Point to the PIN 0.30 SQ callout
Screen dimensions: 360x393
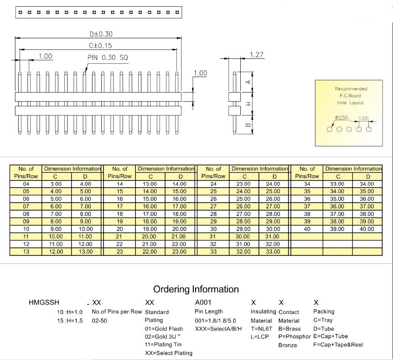point(108,57)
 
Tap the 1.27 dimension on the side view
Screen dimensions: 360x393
point(257,55)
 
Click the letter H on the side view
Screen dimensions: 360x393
point(248,103)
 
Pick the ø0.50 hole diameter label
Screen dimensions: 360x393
point(341,118)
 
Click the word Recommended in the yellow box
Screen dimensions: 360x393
point(351,89)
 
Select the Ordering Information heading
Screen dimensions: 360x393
point(196,289)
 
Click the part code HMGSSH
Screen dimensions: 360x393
point(44,302)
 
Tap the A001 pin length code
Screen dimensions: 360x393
point(203,302)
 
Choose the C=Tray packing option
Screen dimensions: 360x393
point(323,320)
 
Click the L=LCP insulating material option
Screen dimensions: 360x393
point(259,337)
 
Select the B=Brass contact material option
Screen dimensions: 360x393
point(290,329)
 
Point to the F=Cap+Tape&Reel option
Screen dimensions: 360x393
point(338,345)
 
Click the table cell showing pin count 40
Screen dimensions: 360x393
point(307,229)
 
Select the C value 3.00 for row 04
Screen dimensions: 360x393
point(56,184)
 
